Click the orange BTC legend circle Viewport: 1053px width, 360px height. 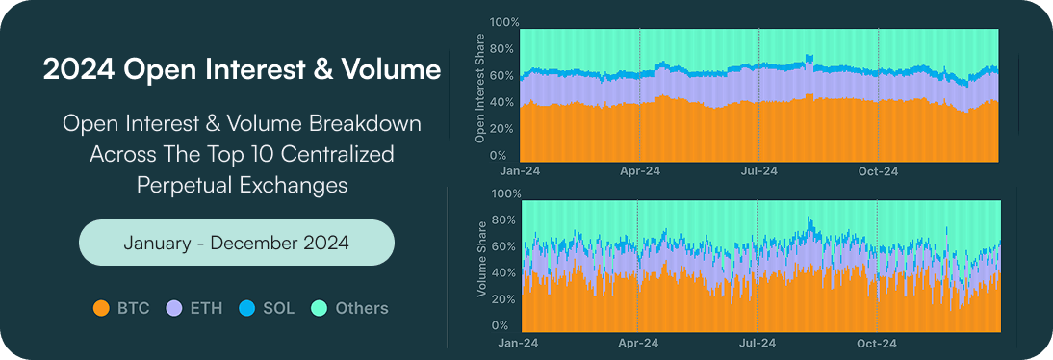pyautogui.click(x=101, y=309)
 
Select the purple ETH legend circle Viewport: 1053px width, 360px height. pyautogui.click(x=174, y=309)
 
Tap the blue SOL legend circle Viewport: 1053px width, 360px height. pyautogui.click(x=246, y=309)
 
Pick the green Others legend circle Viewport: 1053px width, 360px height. pyautogui.click(x=320, y=309)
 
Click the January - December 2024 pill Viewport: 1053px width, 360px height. pyautogui.click(x=236, y=243)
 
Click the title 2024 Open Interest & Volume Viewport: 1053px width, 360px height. pyautogui.click(x=242, y=70)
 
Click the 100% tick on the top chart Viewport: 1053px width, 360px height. pyautogui.click(x=504, y=22)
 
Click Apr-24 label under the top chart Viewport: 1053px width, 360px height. pyautogui.click(x=639, y=172)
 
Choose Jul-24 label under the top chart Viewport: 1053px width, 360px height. pyautogui.click(x=758, y=172)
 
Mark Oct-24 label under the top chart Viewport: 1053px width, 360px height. pyautogui.click(x=878, y=172)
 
